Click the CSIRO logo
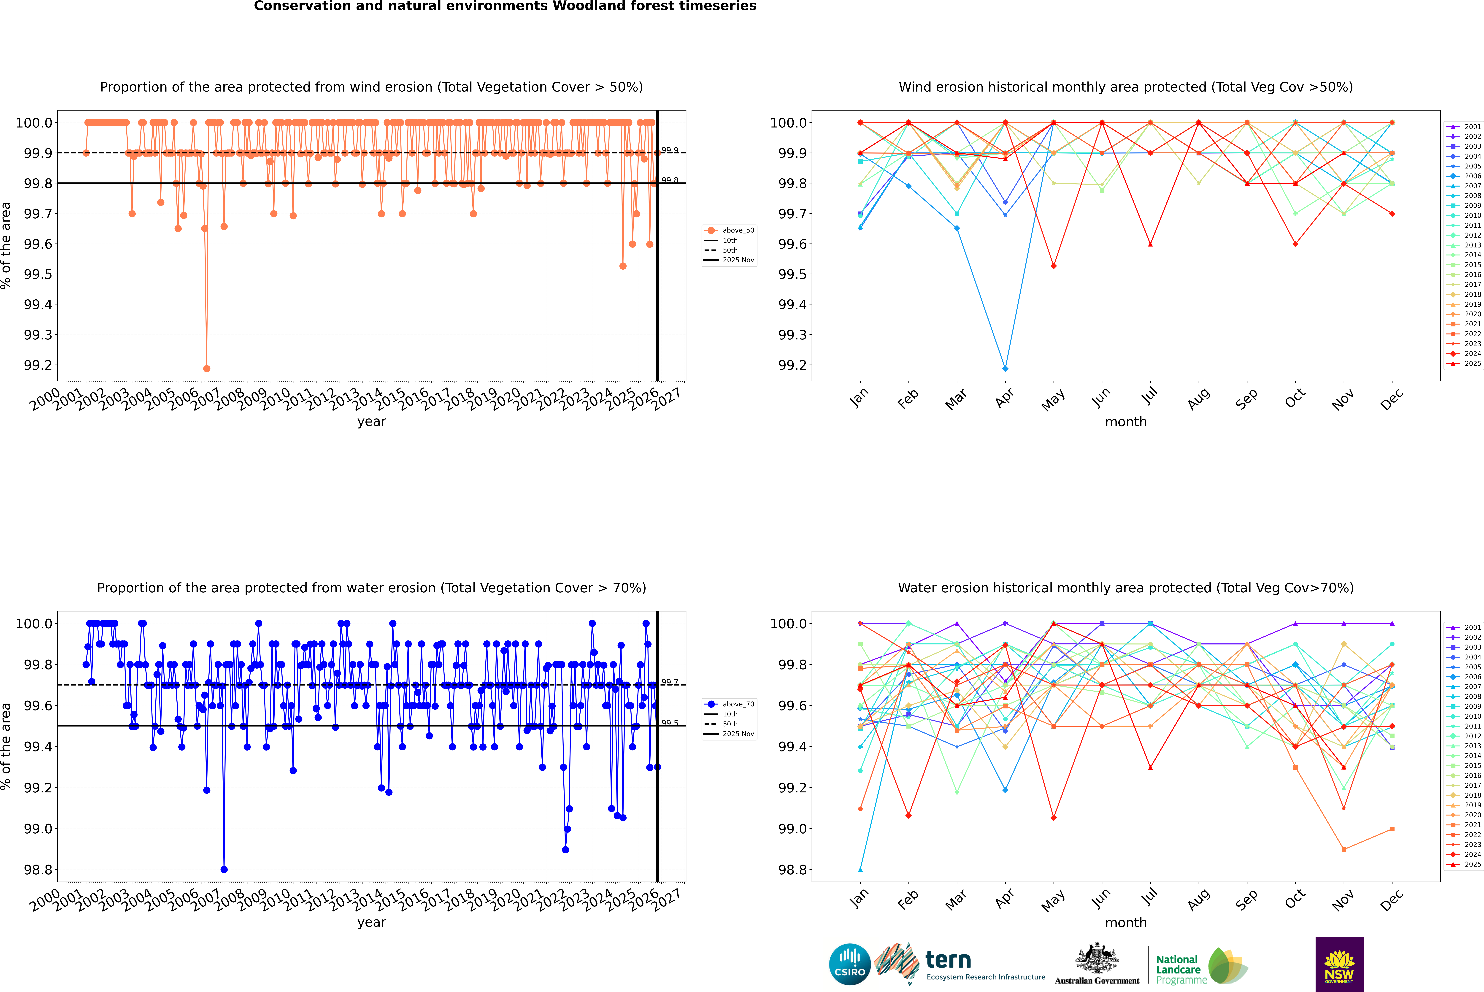click(x=850, y=964)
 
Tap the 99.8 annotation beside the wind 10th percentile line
click(x=670, y=180)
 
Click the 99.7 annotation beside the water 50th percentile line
click(x=670, y=682)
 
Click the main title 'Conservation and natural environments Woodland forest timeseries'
click(x=505, y=6)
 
